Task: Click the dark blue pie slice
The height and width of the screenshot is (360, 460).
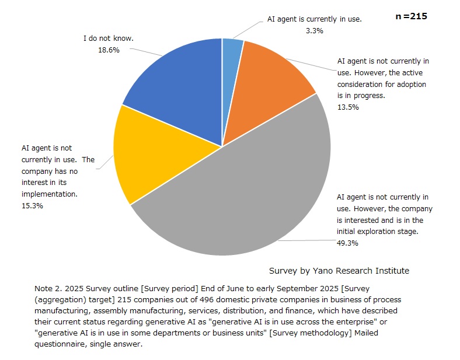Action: point(175,88)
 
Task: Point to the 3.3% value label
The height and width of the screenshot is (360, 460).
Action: point(314,30)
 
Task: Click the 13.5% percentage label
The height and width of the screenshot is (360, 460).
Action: point(348,107)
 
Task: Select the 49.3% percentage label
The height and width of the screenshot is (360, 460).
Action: point(348,243)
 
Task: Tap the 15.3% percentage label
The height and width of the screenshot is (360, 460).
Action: point(32,205)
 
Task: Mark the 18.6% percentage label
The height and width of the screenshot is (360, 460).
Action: point(109,50)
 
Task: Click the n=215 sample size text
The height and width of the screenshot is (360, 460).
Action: point(412,16)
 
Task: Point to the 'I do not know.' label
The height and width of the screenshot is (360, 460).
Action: point(109,39)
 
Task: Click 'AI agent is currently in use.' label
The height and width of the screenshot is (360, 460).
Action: point(314,19)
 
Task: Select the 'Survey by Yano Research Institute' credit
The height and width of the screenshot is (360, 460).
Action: point(339,271)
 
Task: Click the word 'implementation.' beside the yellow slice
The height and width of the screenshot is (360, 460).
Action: point(50,194)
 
